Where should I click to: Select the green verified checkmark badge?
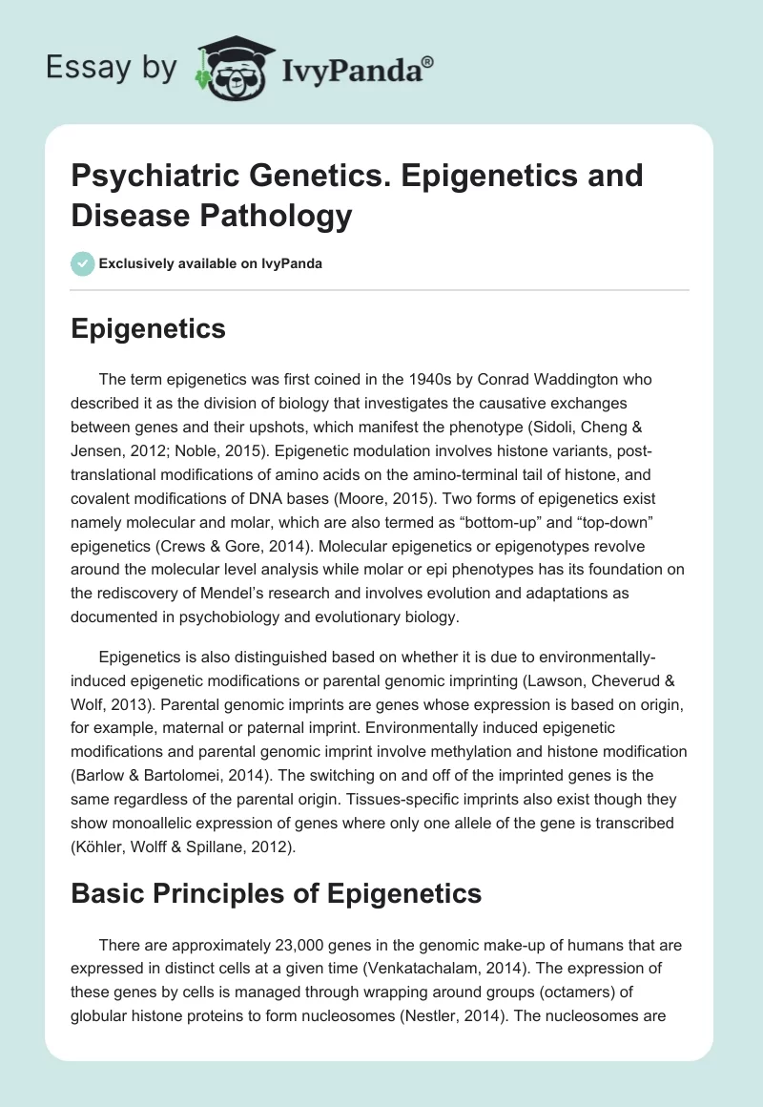(83, 263)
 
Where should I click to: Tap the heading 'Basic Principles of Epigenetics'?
(277, 894)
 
